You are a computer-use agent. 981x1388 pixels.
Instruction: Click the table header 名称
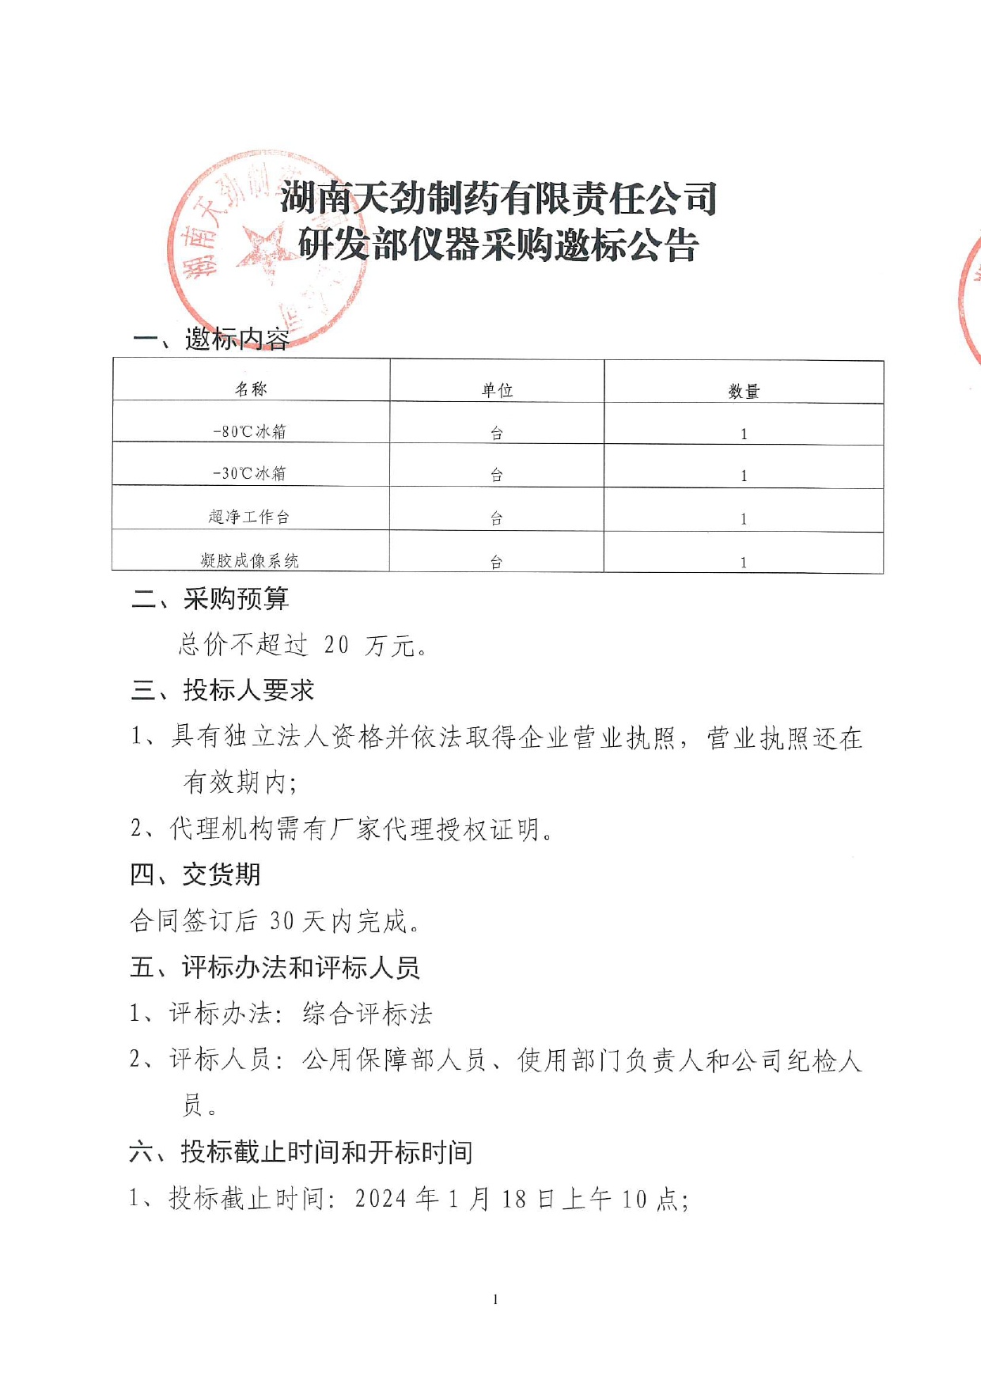[x=251, y=389]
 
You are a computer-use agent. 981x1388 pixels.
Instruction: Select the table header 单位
[x=497, y=390]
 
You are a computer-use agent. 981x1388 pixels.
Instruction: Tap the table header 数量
[x=744, y=391]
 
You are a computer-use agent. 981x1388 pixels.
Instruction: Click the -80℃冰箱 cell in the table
[x=250, y=431]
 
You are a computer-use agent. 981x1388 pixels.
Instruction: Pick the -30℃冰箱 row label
[x=250, y=473]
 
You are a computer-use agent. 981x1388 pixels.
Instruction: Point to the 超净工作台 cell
[x=249, y=517]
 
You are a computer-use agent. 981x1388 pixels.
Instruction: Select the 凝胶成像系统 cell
[x=249, y=560]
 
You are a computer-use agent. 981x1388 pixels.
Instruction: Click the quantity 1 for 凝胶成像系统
[x=744, y=563]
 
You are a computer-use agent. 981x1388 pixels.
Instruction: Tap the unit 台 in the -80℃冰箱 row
[x=497, y=433]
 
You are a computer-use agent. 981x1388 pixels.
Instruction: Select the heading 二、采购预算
[x=210, y=599]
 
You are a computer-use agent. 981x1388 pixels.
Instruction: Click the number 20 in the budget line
[x=336, y=645]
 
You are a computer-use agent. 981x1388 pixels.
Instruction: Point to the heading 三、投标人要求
[x=222, y=690]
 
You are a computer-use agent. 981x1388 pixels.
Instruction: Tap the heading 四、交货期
[x=195, y=874]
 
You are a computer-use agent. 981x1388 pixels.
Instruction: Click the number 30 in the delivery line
[x=282, y=920]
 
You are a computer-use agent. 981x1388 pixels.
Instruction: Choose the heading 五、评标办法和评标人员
[x=275, y=967]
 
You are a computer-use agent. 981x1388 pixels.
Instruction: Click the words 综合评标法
[x=367, y=1013]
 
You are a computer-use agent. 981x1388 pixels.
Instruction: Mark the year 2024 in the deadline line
[x=381, y=1198]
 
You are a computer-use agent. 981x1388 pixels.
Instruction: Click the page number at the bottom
[x=495, y=1299]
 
